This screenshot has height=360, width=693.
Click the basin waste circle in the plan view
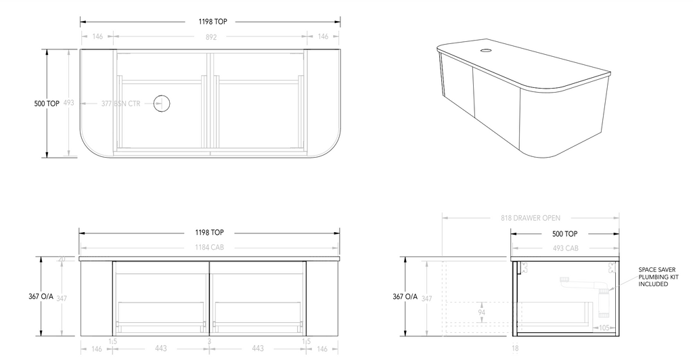click(161, 104)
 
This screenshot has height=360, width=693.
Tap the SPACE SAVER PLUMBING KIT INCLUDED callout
click(657, 276)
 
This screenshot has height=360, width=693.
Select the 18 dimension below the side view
click(516, 349)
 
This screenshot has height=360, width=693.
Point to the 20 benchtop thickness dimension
click(62, 258)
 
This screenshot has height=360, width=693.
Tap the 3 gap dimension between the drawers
click(209, 342)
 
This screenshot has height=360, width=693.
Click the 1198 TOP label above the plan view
click(213, 22)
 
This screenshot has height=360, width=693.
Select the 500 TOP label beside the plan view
click(47, 104)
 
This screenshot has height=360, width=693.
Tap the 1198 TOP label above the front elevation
click(210, 233)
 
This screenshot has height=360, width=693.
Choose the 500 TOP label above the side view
click(564, 233)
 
